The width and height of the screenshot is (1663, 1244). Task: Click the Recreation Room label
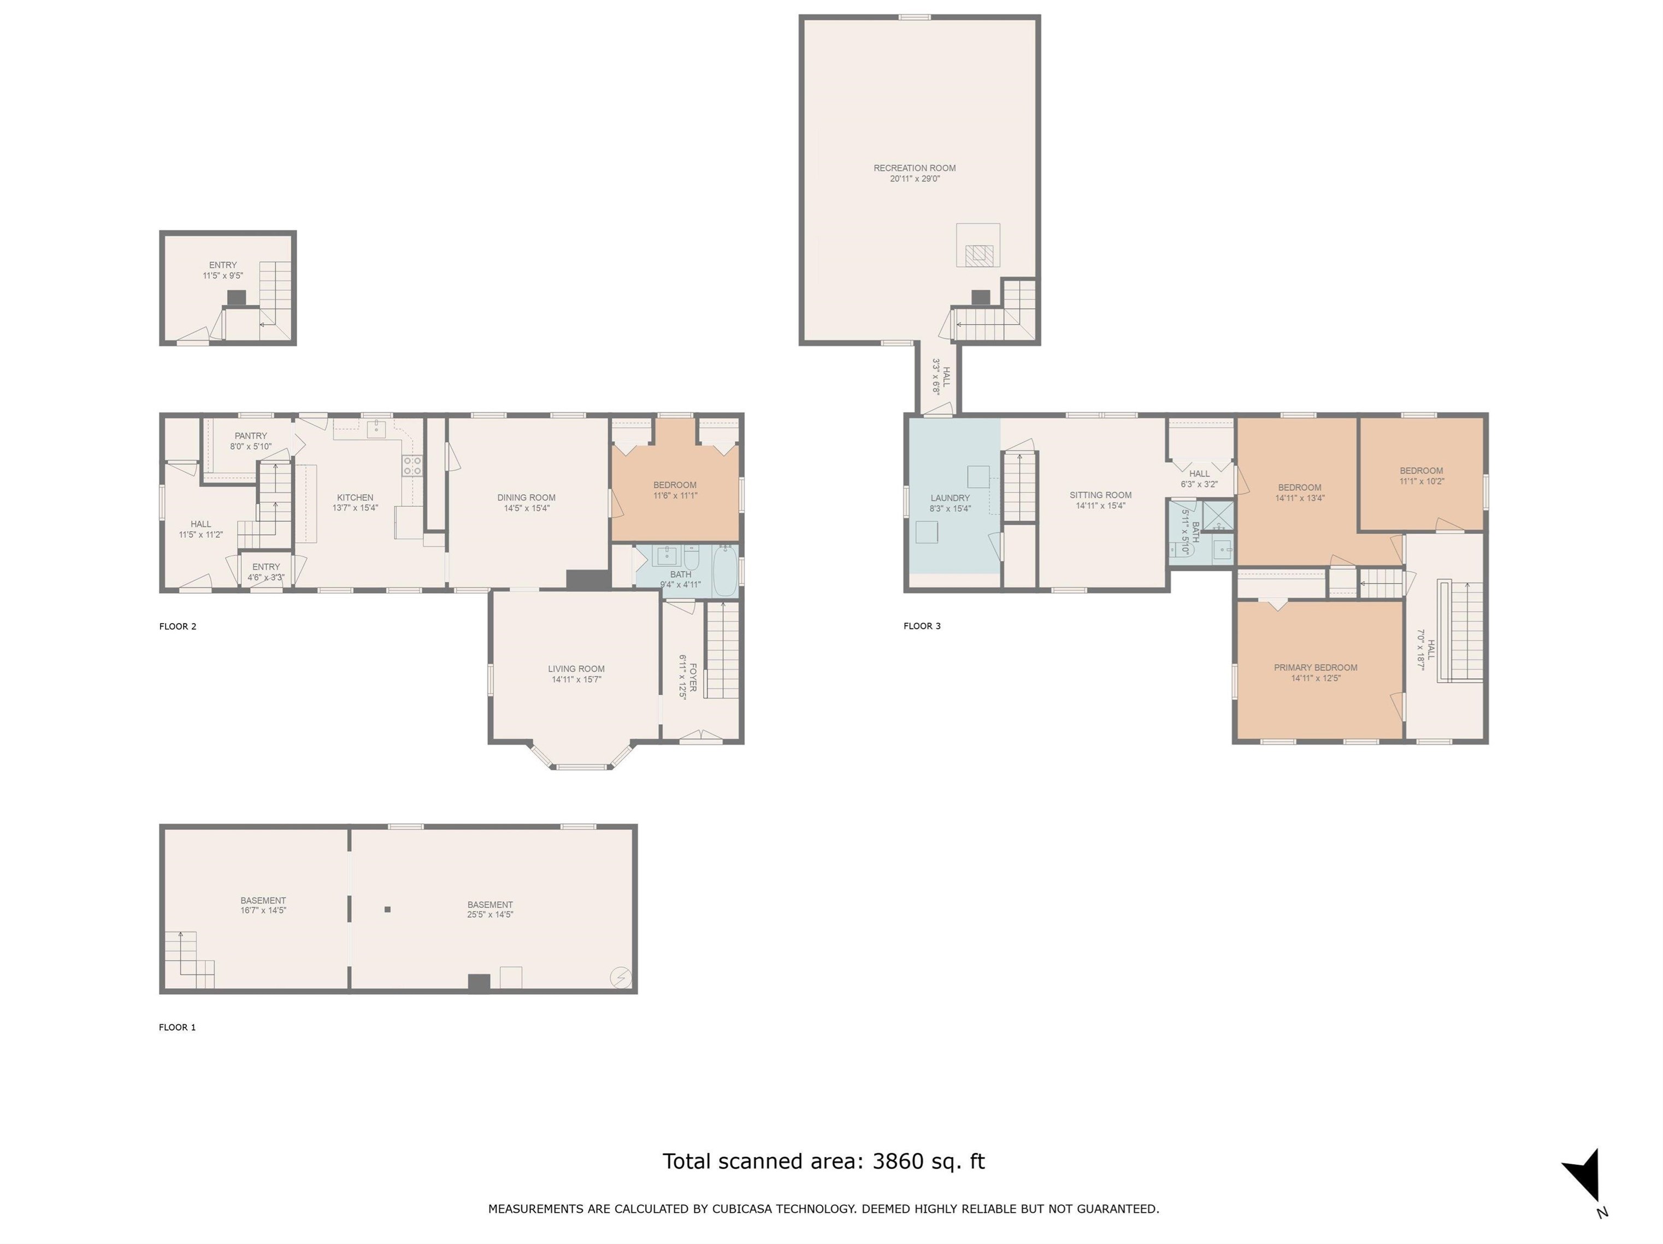click(x=914, y=168)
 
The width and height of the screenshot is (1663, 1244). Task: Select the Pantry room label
click(x=250, y=436)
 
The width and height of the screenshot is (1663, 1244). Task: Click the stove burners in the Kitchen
click(x=412, y=466)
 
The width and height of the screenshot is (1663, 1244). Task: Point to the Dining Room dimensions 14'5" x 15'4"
click(x=526, y=508)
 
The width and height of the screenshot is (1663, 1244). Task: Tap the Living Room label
click(x=576, y=668)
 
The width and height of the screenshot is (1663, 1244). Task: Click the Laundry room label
click(x=950, y=498)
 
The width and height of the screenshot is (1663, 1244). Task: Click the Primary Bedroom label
click(x=1316, y=667)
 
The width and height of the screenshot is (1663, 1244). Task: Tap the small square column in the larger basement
click(x=388, y=909)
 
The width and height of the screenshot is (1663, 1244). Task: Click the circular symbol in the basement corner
click(x=622, y=977)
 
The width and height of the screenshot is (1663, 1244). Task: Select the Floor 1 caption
click(x=178, y=1028)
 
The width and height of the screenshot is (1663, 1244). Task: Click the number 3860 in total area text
click(x=898, y=1162)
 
